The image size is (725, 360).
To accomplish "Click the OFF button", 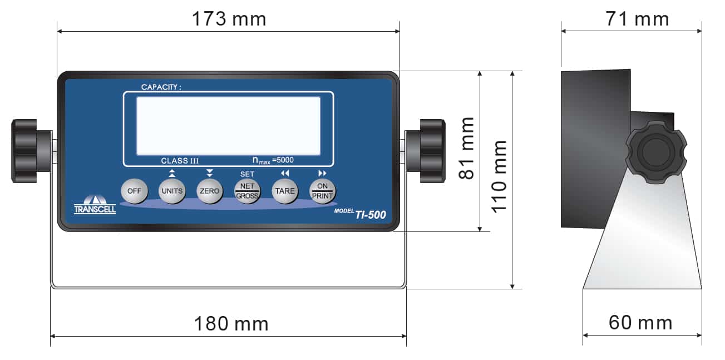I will click(134, 191).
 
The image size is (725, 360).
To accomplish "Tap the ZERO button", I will click(209, 191).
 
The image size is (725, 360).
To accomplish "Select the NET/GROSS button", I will click(246, 191).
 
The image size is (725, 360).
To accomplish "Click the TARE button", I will click(284, 191).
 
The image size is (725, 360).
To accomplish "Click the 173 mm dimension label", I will click(229, 19).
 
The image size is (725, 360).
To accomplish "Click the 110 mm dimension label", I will click(499, 175).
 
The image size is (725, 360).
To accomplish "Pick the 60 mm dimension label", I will click(640, 323).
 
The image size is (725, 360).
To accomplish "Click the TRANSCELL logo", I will click(95, 205).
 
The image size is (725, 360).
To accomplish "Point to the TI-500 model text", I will click(371, 215).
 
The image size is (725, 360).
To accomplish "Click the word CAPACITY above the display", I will click(161, 87).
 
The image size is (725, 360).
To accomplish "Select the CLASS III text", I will click(180, 161).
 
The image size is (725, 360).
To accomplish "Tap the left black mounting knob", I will click(24, 150).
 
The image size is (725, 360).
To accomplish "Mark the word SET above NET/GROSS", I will click(247, 174).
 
